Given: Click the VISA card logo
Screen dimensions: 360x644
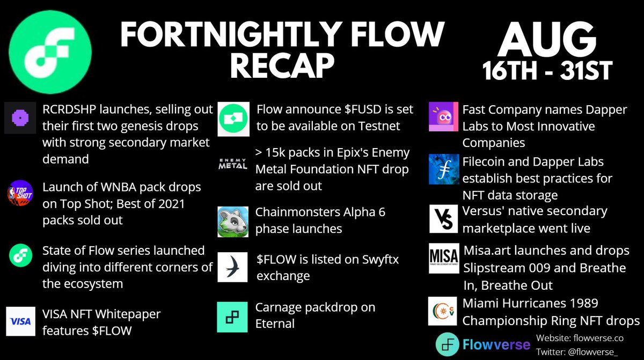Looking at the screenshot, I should (x=20, y=321).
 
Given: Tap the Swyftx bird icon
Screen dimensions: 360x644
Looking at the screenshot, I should (x=233, y=267).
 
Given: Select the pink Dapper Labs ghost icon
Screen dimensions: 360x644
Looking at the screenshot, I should (x=443, y=117).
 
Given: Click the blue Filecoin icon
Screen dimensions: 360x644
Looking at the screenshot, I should (x=443, y=169).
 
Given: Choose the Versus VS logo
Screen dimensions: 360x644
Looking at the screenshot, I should (x=443, y=219).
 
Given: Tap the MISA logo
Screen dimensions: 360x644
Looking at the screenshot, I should (x=443, y=259).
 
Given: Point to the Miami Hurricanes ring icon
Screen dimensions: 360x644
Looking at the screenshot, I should (x=443, y=311).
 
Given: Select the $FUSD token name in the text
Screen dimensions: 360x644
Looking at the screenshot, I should (x=367, y=109).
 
